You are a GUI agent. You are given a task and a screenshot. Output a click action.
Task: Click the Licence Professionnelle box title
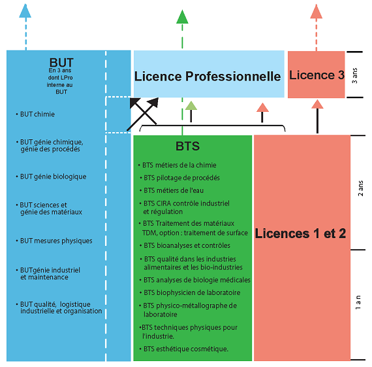coord(208,76)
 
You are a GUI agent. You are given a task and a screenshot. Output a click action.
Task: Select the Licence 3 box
coord(317,74)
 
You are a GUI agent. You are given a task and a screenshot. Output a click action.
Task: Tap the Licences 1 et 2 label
coord(300,234)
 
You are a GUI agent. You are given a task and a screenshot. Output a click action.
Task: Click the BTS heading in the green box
coord(187,146)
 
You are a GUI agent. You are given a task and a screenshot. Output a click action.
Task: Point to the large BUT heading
coord(61,63)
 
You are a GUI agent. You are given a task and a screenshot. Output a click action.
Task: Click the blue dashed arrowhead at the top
coord(25,10)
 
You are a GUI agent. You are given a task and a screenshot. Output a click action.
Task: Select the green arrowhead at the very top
coord(182,16)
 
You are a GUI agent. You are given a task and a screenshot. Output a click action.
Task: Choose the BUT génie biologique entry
coord(51,177)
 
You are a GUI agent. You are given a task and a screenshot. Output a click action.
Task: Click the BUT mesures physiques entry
coord(54,241)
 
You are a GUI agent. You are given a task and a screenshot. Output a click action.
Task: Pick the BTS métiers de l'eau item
coord(172,190)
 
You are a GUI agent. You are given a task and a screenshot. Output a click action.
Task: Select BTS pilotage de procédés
coord(179,178)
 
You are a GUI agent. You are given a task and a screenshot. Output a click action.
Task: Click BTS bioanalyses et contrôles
coord(185,245)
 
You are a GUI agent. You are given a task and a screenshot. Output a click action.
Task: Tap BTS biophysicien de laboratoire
coord(190,292)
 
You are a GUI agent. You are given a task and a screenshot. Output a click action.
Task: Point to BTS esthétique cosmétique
coord(184,349)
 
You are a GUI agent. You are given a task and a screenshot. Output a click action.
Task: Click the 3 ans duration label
coord(354,76)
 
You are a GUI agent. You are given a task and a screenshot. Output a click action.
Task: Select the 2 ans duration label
coord(360,188)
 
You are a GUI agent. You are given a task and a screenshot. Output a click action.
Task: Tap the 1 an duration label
coord(358,302)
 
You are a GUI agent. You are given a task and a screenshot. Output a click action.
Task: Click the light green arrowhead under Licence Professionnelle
coord(191,105)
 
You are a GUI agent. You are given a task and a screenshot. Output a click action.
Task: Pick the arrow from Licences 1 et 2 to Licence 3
coord(317,116)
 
